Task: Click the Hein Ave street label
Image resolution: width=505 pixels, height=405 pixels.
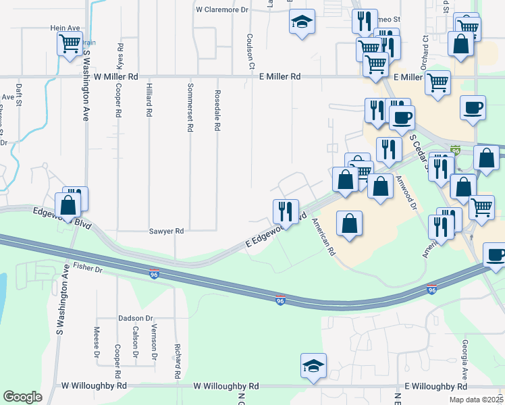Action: [x=65, y=28]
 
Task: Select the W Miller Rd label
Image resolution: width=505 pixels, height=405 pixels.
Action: [x=116, y=77]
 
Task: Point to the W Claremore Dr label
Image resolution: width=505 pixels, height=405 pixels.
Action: [x=222, y=10]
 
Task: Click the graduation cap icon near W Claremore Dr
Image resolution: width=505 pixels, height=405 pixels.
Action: [x=302, y=22]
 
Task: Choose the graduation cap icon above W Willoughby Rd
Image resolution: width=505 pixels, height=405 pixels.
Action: [x=313, y=367]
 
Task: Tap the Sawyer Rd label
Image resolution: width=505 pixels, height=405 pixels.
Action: [x=166, y=231]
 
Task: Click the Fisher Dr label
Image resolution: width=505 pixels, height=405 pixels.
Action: [x=88, y=269]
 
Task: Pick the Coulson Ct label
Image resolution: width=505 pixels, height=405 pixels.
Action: [x=250, y=51]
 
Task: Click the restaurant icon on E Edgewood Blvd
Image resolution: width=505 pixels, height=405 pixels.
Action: [x=285, y=212]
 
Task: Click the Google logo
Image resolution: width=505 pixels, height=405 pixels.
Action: [x=22, y=397]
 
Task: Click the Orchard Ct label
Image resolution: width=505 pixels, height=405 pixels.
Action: [x=425, y=53]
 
